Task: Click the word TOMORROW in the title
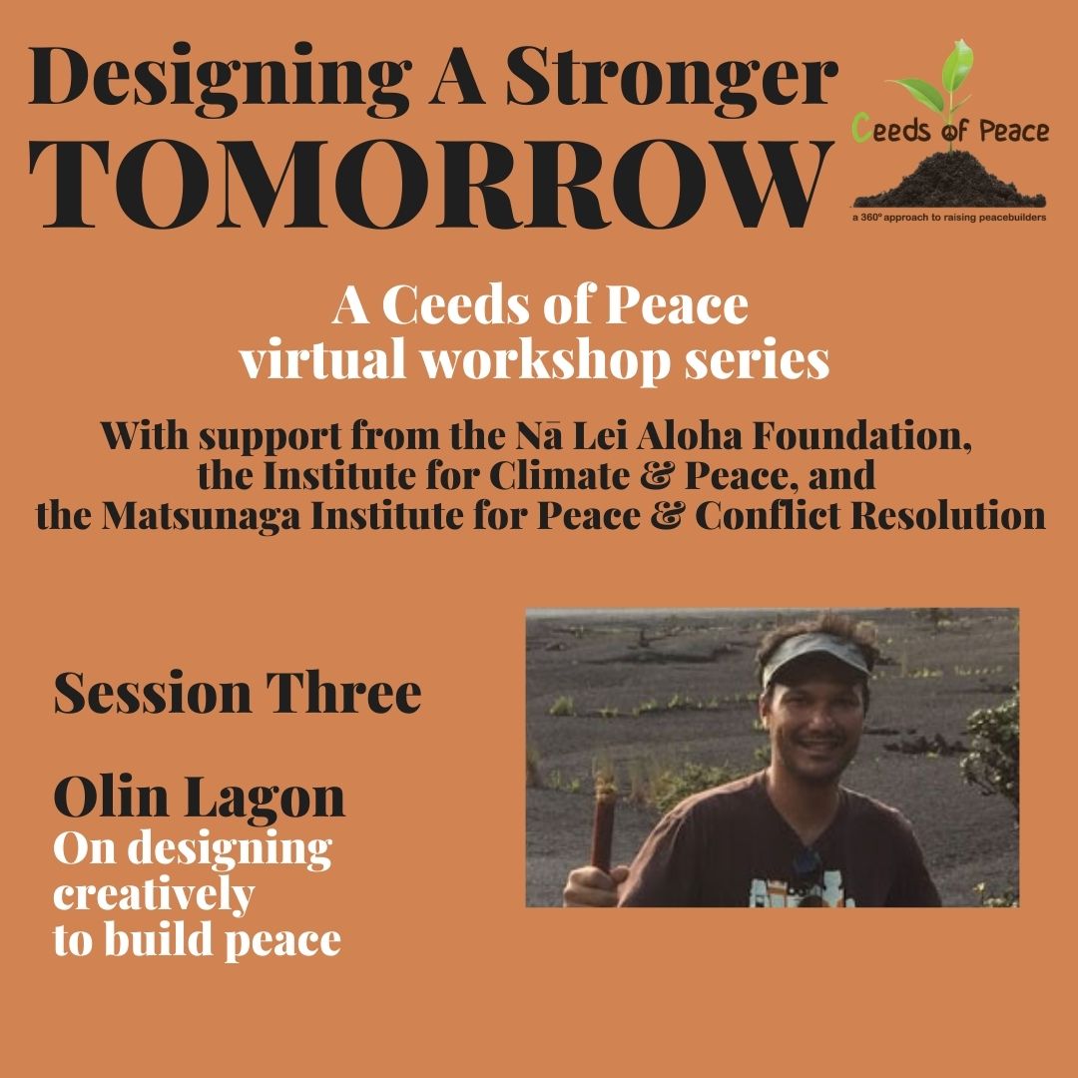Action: tap(430, 185)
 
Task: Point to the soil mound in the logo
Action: tap(949, 180)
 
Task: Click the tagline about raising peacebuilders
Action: tap(949, 218)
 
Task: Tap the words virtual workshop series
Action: tap(534, 361)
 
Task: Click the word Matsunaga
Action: tap(201, 516)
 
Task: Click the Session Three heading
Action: tap(238, 693)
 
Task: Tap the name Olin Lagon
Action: tap(199, 799)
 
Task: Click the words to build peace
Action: tap(197, 939)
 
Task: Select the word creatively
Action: tap(154, 895)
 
